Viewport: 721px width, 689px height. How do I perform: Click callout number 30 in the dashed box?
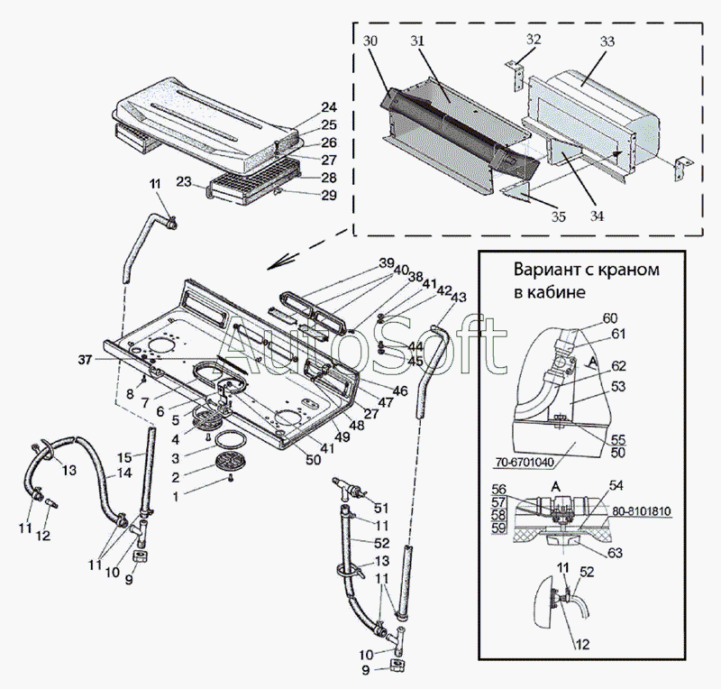(371, 41)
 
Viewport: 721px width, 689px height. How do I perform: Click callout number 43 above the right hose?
(458, 298)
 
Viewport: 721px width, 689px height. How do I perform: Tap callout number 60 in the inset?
(610, 317)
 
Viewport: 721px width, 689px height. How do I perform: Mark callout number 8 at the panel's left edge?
(129, 393)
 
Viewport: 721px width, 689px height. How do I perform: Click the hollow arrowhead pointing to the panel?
(278, 262)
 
